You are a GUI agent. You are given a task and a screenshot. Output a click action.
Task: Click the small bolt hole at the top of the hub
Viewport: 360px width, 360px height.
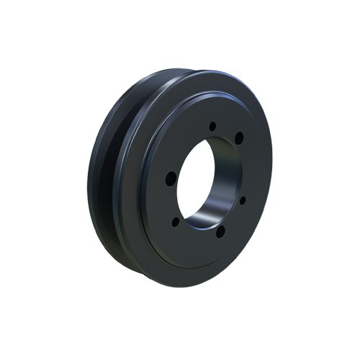(212, 127)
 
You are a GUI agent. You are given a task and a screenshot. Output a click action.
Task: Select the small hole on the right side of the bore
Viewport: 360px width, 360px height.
(243, 199)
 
